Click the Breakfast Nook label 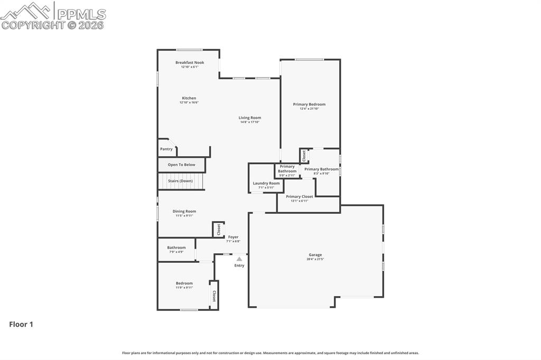(x=189, y=63)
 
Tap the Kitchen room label (x=189, y=98)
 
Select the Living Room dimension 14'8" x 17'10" (x=249, y=122)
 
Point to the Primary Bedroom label (x=309, y=105)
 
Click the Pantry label (x=166, y=149)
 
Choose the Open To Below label (x=181, y=165)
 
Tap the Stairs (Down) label (x=180, y=181)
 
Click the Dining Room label (x=184, y=212)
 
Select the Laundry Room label (x=266, y=183)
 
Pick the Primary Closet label (x=300, y=196)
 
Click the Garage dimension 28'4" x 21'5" (x=315, y=259)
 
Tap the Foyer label (x=233, y=238)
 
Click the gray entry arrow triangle (x=239, y=259)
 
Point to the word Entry (x=239, y=266)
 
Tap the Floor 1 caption (x=21, y=325)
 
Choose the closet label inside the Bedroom (x=214, y=296)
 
